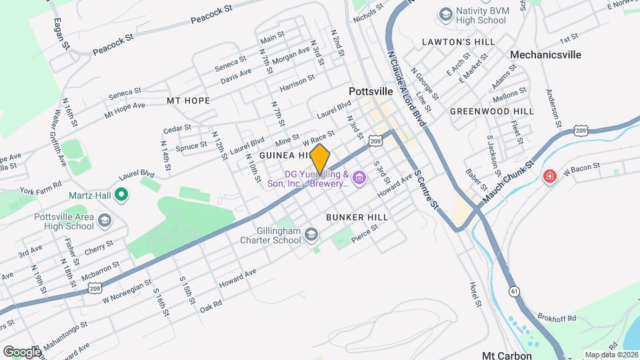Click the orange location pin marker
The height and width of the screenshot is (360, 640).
click(x=320, y=159)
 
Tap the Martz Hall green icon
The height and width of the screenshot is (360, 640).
click(x=121, y=195)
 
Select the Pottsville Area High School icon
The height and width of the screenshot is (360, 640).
click(x=104, y=221)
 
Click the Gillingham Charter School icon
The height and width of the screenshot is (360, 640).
click(x=313, y=234)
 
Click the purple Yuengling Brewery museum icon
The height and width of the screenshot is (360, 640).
click(x=360, y=178)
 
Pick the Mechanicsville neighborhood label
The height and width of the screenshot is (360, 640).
click(x=545, y=55)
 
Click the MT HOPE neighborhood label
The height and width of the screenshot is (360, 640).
click(x=188, y=101)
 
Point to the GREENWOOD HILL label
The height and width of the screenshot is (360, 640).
click(x=492, y=111)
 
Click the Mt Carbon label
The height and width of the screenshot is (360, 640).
click(x=507, y=355)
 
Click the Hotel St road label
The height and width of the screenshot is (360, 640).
click(x=477, y=294)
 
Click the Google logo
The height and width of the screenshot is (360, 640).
click(x=22, y=351)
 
